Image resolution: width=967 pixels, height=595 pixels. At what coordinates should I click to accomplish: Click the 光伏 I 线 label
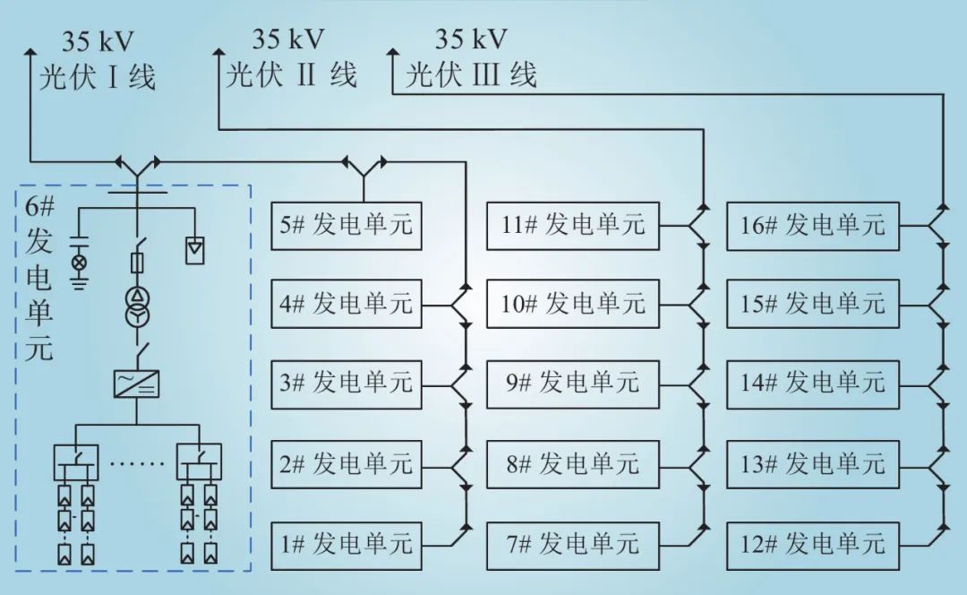click(x=97, y=77)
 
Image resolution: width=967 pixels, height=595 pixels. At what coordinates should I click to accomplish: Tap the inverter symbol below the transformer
click(x=137, y=384)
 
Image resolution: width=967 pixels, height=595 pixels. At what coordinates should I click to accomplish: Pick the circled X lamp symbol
click(x=79, y=263)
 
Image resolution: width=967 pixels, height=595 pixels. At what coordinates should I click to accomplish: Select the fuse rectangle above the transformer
click(x=137, y=262)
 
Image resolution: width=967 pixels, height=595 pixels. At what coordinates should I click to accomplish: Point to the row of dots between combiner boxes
click(x=136, y=463)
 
